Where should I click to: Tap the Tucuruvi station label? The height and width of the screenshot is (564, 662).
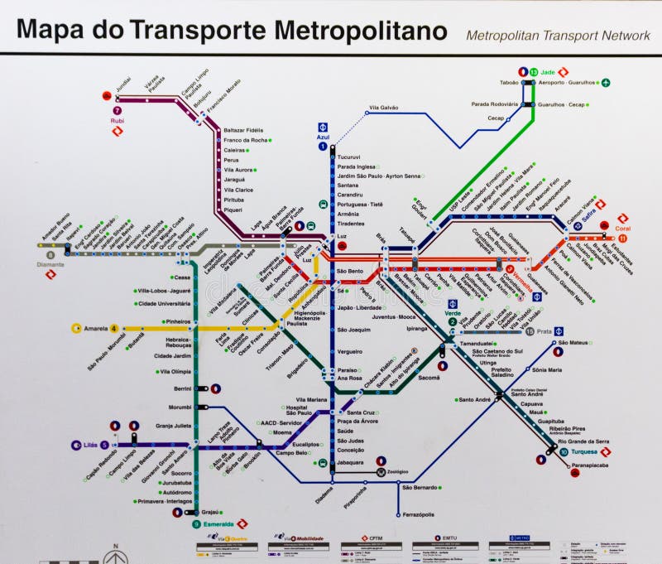coord(348,157)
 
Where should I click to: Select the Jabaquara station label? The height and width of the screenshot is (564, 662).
coord(353,462)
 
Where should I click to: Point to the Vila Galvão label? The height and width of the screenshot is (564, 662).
coord(384,108)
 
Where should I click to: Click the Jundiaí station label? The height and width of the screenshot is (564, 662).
coord(124,85)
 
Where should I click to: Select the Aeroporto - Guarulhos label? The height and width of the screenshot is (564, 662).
coord(567,83)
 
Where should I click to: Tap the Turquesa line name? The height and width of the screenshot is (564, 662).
coord(584,452)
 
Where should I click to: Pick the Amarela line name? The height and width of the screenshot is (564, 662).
coord(95,328)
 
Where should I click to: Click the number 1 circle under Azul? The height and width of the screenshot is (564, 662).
coord(323,147)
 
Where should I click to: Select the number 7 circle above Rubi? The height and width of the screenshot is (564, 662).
coord(117,110)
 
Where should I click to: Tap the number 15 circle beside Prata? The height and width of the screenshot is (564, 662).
coord(530,331)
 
